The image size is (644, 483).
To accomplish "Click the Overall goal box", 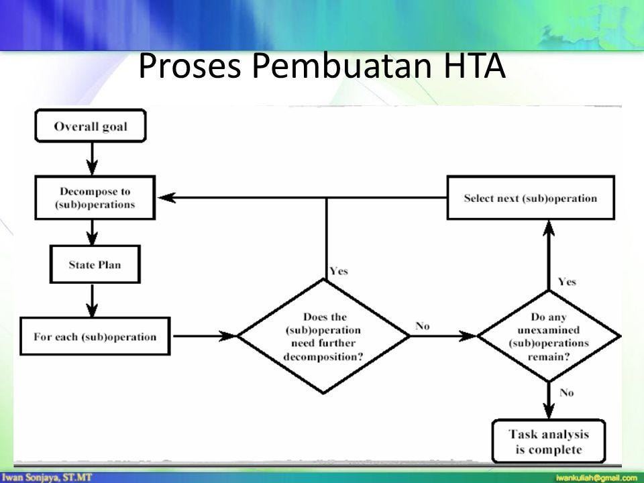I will click(x=91, y=127).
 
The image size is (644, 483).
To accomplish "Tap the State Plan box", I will click(x=94, y=264).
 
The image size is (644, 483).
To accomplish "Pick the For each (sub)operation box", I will click(x=95, y=336).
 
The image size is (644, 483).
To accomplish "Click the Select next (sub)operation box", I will click(x=530, y=198).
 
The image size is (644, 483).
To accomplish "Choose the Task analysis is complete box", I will click(x=549, y=441).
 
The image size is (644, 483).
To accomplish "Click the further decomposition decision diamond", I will click(x=323, y=335).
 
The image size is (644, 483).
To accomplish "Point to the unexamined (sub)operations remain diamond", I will click(x=549, y=335).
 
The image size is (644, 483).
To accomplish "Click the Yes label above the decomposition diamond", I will click(x=338, y=272).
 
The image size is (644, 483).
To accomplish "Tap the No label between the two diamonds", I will click(x=422, y=326).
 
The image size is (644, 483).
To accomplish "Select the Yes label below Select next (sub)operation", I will click(x=566, y=282).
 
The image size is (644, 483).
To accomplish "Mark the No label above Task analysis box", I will click(x=566, y=392).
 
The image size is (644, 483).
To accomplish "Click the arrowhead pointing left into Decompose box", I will click(x=164, y=198).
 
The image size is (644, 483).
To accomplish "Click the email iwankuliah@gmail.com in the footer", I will click(x=595, y=477).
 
